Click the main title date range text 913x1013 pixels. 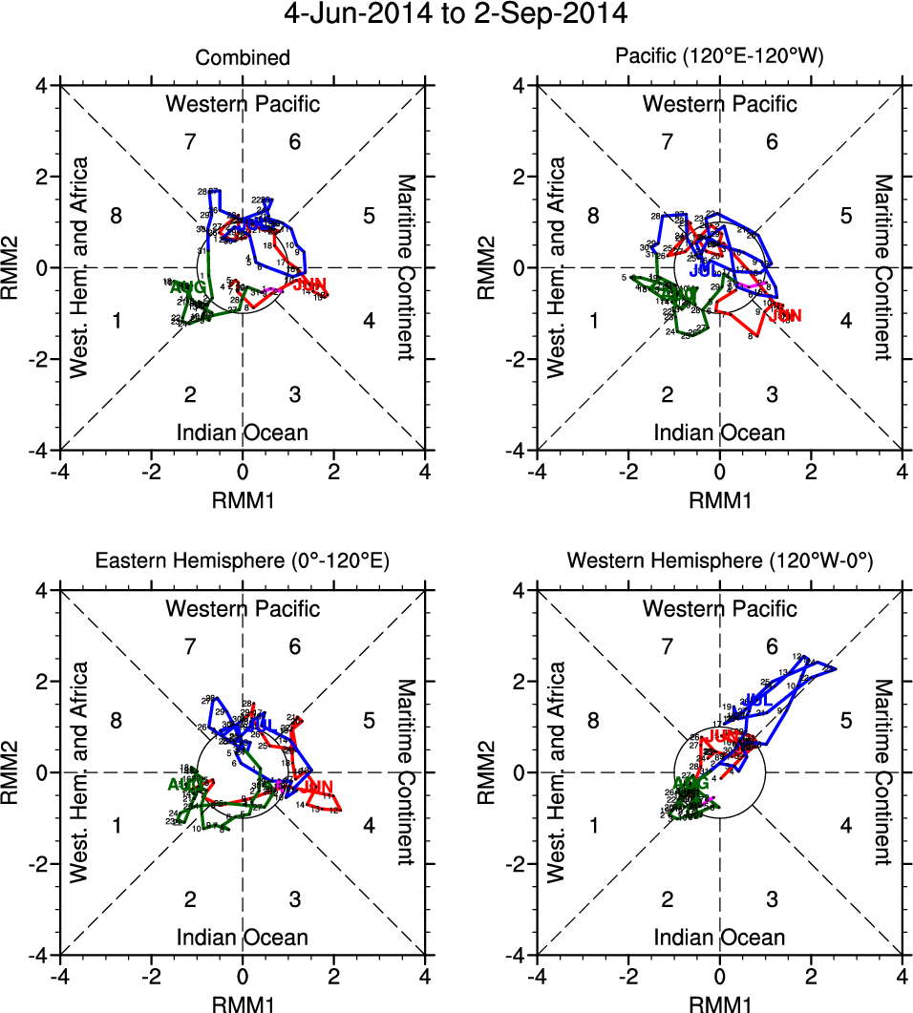click(x=456, y=16)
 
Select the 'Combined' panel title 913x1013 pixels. click(x=243, y=58)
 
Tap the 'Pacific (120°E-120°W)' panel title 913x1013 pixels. click(x=719, y=58)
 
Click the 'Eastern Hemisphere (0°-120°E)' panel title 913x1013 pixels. click(x=243, y=563)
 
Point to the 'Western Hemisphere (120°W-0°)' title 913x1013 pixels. click(x=719, y=563)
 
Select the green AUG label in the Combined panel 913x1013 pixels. click(x=186, y=287)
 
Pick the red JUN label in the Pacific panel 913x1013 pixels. click(x=785, y=315)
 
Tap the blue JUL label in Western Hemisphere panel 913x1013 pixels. click(x=758, y=701)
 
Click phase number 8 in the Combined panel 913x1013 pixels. click(x=116, y=215)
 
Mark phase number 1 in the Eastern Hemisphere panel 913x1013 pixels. click(x=116, y=826)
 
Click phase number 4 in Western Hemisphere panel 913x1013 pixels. click(x=845, y=826)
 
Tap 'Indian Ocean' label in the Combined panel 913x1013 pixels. click(x=243, y=433)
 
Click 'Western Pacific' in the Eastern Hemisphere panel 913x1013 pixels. click(x=243, y=608)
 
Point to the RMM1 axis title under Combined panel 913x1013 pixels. click(x=243, y=498)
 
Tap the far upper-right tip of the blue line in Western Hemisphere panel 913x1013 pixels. click(x=836, y=668)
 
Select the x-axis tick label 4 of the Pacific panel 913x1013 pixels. click(x=902, y=472)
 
